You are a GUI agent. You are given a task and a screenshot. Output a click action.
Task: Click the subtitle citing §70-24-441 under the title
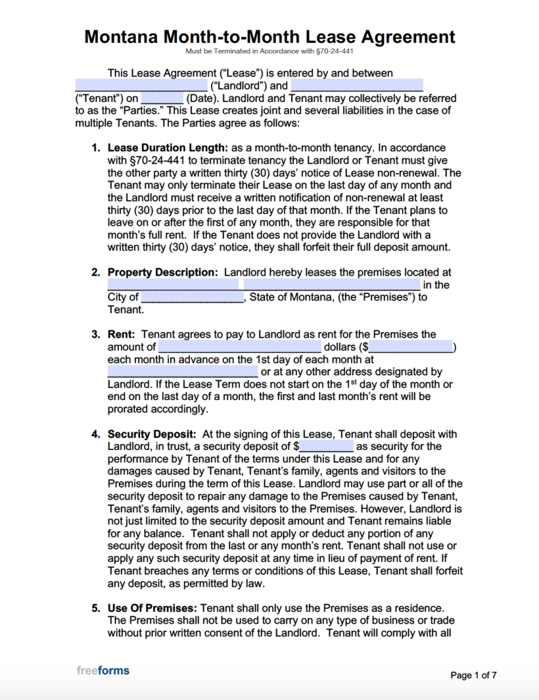coord(269,52)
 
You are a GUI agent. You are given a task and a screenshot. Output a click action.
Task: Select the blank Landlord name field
coord(141,85)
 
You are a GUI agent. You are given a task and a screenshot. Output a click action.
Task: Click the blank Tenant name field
coord(357,85)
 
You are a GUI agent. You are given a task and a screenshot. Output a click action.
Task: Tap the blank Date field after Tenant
coord(161,98)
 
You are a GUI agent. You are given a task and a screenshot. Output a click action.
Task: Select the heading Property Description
coord(163,272)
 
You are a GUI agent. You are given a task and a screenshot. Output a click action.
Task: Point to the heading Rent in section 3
coord(121,334)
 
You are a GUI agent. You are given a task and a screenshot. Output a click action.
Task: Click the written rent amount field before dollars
coord(239,347)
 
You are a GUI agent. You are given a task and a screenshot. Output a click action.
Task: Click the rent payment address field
coord(182,373)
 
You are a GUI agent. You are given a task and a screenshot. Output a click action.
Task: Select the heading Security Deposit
coord(152,434)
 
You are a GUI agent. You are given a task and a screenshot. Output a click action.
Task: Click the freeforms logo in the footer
coord(102,671)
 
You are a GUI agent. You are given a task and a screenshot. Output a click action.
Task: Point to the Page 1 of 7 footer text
coord(473,675)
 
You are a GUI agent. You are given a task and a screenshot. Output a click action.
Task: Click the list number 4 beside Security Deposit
coord(96,434)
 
